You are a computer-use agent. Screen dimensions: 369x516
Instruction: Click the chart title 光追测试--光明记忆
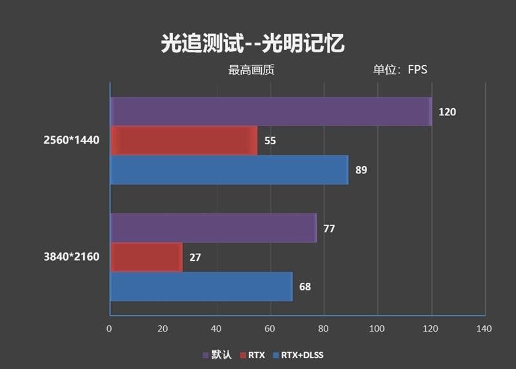pyautogui.click(x=253, y=43)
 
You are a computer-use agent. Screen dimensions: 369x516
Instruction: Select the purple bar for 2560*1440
pyautogui.click(x=271, y=111)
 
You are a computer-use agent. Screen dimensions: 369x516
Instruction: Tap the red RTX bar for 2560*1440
pyautogui.click(x=184, y=140)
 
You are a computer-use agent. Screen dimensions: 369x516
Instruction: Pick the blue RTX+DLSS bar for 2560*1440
pyautogui.click(x=229, y=170)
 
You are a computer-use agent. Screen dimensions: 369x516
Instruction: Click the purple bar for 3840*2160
pyautogui.click(x=213, y=228)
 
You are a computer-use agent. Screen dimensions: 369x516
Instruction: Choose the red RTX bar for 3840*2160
pyautogui.click(x=146, y=257)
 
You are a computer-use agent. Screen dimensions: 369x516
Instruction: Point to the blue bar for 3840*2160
pyautogui.click(x=201, y=287)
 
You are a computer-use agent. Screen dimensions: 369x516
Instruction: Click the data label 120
pyautogui.click(x=447, y=112)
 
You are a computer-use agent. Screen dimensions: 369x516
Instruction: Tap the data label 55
pyautogui.click(x=270, y=140)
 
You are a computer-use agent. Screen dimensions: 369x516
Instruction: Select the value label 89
pyautogui.click(x=361, y=170)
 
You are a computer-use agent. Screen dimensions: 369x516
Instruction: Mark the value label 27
pyautogui.click(x=195, y=257)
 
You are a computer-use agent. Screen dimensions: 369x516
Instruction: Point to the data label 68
pyautogui.click(x=305, y=287)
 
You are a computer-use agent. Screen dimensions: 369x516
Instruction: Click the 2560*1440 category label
pyautogui.click(x=72, y=140)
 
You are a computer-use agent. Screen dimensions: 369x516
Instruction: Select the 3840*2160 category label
pyautogui.click(x=72, y=258)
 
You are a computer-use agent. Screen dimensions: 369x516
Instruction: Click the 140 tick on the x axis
pyautogui.click(x=484, y=329)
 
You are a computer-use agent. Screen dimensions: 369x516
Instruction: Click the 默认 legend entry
pyautogui.click(x=217, y=355)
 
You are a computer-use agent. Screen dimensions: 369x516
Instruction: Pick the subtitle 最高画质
pyautogui.click(x=251, y=70)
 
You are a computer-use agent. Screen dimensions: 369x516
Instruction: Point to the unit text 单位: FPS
pyautogui.click(x=400, y=70)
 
